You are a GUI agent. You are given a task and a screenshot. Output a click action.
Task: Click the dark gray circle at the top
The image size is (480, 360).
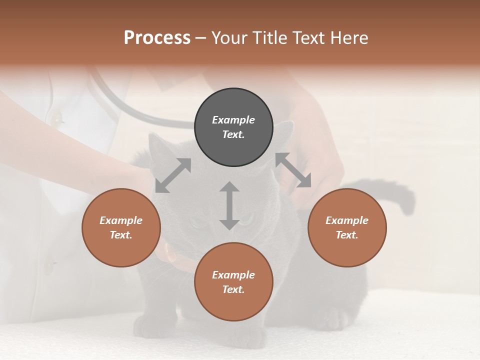pyautogui.click(x=233, y=127)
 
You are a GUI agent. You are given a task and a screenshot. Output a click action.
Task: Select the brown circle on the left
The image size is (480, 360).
pyautogui.click(x=121, y=227)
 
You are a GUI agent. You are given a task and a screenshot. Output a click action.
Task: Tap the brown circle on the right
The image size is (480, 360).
pyautogui.click(x=347, y=227)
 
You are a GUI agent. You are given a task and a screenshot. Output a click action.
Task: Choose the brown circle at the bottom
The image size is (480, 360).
pyautogui.click(x=233, y=282)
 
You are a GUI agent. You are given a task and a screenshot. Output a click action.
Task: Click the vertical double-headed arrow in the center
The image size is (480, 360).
pyautogui.click(x=229, y=205)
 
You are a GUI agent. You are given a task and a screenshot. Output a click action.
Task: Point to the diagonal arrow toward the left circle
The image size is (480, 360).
pyautogui.click(x=173, y=175)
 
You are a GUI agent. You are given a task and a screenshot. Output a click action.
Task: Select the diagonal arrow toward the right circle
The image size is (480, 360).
pyautogui.click(x=293, y=170)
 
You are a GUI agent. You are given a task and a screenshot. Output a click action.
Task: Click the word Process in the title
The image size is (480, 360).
pyautogui.click(x=157, y=38)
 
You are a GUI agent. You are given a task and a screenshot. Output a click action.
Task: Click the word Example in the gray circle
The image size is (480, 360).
pyautogui.click(x=233, y=120)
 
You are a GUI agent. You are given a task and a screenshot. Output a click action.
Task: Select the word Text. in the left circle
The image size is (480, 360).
pyautogui.click(x=121, y=235)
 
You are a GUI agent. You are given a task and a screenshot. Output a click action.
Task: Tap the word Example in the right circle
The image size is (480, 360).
pyautogui.click(x=347, y=220)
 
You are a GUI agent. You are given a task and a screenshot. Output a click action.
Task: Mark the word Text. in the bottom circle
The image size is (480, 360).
pyautogui.click(x=233, y=289)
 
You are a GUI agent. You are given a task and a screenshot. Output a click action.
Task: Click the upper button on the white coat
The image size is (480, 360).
pyautogui.click(x=56, y=119)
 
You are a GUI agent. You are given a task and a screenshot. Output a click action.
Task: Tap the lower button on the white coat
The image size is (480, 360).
pyautogui.click(x=48, y=265)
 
